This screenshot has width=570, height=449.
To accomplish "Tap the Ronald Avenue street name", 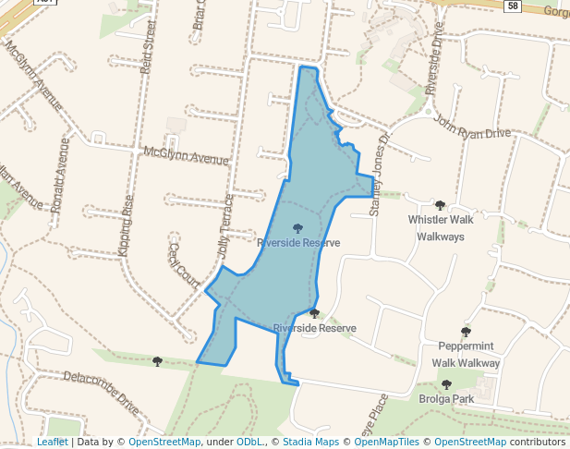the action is tap(61, 176).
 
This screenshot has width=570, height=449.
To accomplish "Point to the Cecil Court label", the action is tap(184, 265).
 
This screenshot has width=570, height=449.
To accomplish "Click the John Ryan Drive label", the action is tap(471, 127).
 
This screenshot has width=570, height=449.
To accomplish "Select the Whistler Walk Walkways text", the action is tap(441, 228).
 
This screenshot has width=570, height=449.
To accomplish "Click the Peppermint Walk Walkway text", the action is tap(467, 355).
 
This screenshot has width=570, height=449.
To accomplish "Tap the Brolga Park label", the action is tap(445, 399).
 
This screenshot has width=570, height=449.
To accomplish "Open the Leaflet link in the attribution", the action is tap(53, 442).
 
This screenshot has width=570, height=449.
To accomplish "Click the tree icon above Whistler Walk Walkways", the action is tap(440, 205).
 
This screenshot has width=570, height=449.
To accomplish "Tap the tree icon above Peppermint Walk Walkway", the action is tap(466, 332).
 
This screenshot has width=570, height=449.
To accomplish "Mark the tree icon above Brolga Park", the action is tap(446, 383).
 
